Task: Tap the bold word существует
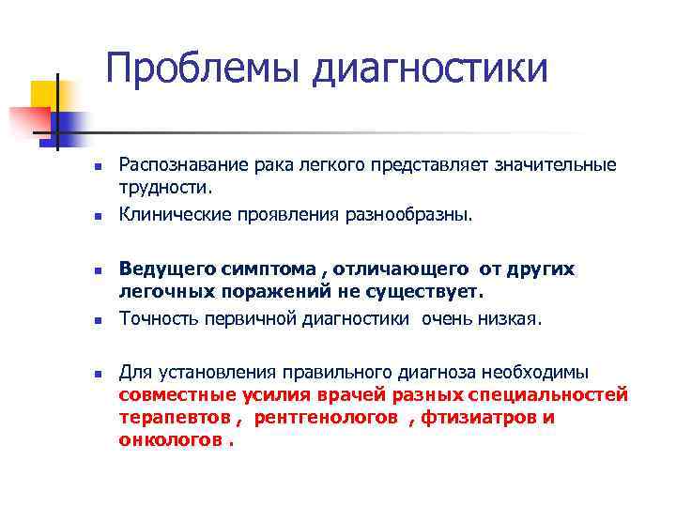point(433,292)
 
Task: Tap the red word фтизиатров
point(481,417)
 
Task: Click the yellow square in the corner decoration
point(44,94)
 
